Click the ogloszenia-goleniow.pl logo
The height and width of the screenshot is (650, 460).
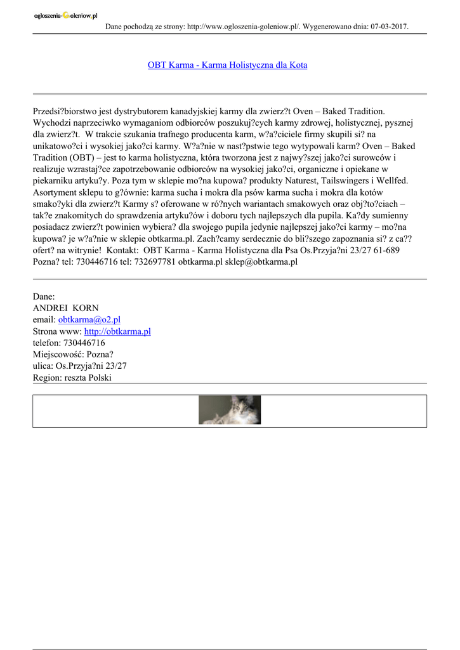65,15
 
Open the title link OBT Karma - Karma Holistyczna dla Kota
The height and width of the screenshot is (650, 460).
227,65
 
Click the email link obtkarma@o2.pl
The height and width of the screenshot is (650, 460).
89,320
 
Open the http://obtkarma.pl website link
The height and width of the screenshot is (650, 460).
117,331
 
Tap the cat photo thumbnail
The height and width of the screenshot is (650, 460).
230,410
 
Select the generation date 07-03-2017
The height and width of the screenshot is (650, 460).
386,27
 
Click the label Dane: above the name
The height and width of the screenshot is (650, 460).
44,296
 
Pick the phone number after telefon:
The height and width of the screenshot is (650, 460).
84,343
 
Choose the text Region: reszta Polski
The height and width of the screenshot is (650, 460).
72,377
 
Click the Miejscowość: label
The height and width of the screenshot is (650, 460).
58,354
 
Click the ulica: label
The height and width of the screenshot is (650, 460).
43,366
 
